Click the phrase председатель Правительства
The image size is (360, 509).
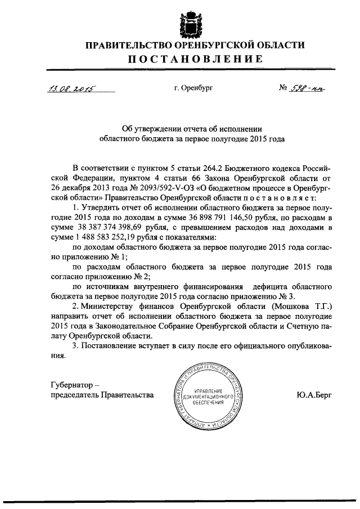point(101,395)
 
